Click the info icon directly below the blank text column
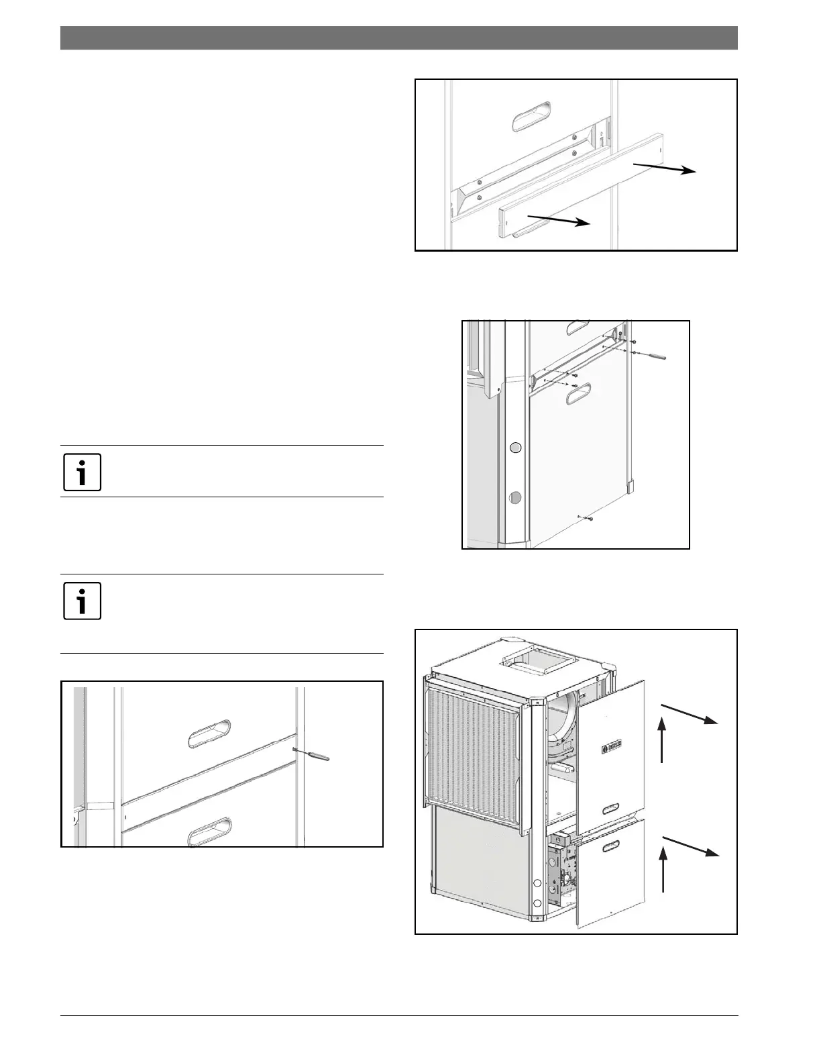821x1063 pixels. [x=83, y=472]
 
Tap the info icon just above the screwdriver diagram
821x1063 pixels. [x=83, y=600]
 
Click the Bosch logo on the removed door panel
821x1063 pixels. [x=612, y=746]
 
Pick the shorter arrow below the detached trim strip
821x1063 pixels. [x=557, y=220]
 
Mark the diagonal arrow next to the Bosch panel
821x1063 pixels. [x=691, y=714]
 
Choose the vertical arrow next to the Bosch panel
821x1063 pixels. [x=663, y=740]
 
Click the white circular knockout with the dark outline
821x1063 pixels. [x=515, y=448]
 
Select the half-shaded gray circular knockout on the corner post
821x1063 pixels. [x=515, y=497]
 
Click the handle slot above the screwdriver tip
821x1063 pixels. [x=209, y=733]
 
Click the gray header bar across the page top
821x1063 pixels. [x=399, y=38]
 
